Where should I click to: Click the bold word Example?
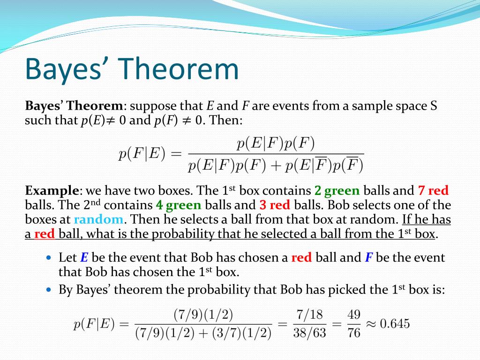(x=52, y=191)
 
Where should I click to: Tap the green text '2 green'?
(x=337, y=191)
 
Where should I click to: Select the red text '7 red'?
(x=433, y=191)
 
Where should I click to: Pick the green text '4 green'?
(x=179, y=205)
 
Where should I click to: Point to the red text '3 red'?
(x=275, y=205)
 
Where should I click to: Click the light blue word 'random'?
(x=99, y=219)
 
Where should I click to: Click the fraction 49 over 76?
(x=354, y=323)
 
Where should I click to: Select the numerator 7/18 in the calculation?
(x=309, y=315)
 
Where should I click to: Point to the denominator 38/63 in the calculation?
(x=309, y=333)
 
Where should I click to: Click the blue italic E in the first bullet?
(x=84, y=257)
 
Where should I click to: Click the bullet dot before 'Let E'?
(x=50, y=257)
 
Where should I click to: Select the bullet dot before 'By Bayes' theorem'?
(x=50, y=290)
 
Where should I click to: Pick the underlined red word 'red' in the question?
(x=45, y=234)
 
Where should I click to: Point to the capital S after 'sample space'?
(x=434, y=105)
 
